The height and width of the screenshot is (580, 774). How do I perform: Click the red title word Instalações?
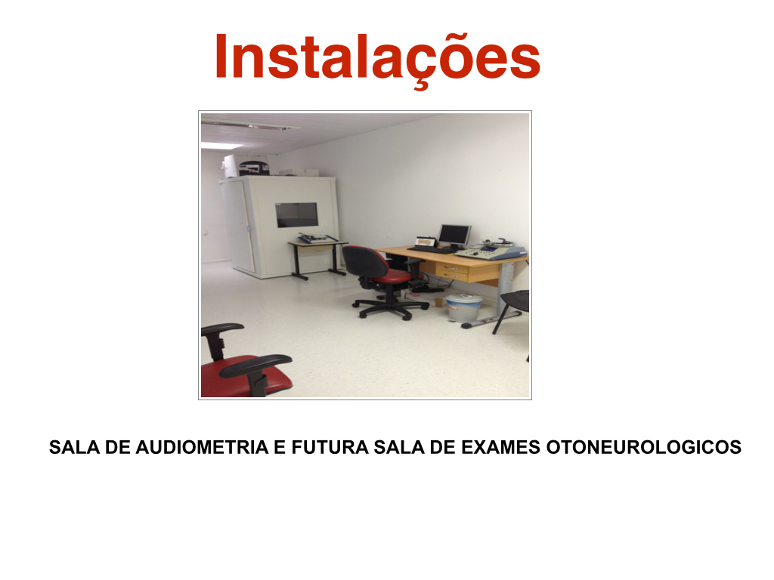tap(378, 57)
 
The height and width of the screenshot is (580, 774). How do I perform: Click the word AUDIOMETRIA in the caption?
tap(202, 447)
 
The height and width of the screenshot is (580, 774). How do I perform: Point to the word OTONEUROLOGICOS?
tap(644, 447)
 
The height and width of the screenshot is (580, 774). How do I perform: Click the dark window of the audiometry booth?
tap(296, 215)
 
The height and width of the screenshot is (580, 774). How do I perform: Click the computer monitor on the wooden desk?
tap(454, 236)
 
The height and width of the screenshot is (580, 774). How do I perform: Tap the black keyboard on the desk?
tap(430, 249)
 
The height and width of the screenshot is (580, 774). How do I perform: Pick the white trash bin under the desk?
tap(463, 307)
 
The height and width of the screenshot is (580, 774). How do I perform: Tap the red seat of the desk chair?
tap(393, 277)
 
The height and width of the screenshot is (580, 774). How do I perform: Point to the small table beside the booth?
tap(318, 257)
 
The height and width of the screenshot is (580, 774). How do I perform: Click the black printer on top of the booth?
tap(254, 168)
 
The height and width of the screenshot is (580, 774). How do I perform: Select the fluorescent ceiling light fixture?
tap(250, 125)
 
